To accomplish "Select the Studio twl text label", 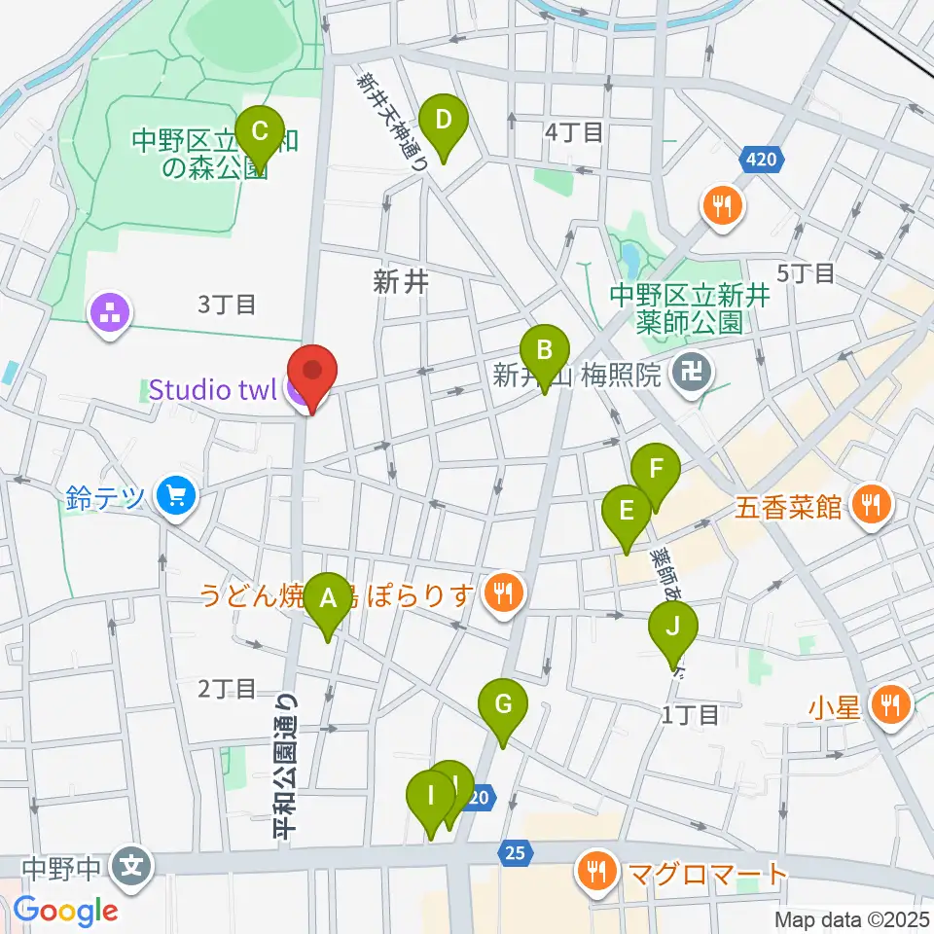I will (x=214, y=391).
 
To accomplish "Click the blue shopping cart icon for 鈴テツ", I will (x=176, y=498).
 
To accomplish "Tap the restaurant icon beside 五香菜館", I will (x=872, y=504).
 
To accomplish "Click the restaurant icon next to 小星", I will (x=889, y=704).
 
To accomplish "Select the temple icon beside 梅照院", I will (x=697, y=372).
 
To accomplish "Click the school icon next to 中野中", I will (x=129, y=865).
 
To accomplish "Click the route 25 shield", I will (x=516, y=853).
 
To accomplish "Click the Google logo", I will (x=65, y=912).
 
